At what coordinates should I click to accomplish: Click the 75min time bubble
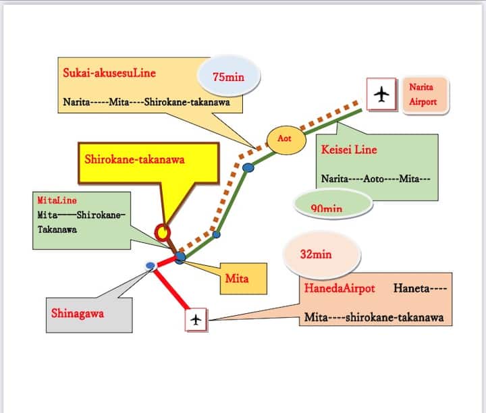pos(228,78)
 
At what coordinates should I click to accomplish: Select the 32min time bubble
pos(316,254)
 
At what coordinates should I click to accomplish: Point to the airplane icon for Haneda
pos(196,320)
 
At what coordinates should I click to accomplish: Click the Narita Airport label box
pos(422,94)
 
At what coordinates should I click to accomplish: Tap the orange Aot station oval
pos(284,138)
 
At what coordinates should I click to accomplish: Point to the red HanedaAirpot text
pos(340,288)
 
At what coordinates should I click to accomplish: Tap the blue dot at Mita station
pos(180,257)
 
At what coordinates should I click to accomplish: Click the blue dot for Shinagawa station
pos(150,266)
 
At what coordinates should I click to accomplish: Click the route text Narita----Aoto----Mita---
pos(377,181)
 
